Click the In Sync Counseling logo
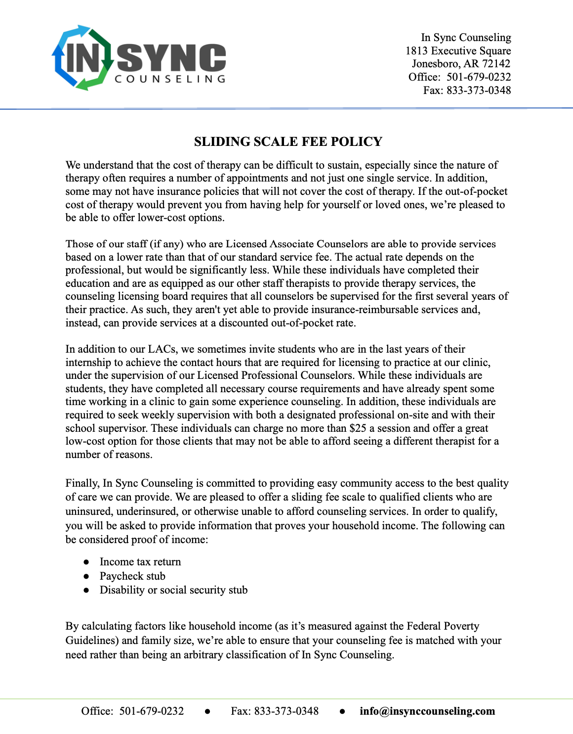point(139,58)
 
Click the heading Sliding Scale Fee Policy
point(288,142)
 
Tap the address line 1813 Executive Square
point(458,51)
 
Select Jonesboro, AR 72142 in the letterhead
point(461,64)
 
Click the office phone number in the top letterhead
point(479,77)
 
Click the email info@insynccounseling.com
point(427,711)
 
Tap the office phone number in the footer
point(151,711)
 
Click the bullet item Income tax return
point(140,562)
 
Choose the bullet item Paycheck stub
point(132,576)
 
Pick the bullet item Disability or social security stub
point(173,590)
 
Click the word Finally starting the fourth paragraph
point(82,483)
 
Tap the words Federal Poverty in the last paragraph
point(443,626)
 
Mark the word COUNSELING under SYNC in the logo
point(170,79)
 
